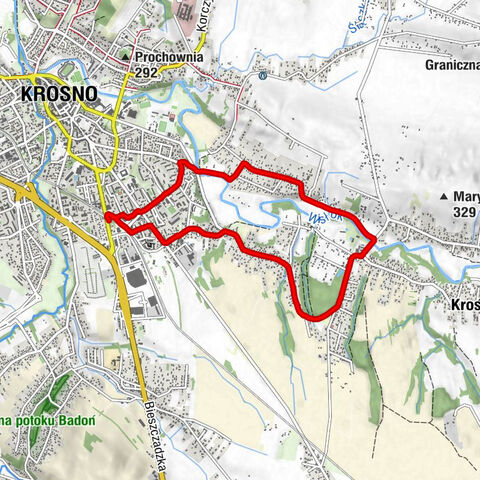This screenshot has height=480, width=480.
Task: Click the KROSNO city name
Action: point(58,94)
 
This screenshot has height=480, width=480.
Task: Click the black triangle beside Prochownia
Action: point(125,57)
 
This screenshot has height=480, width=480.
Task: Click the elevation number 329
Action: point(464,212)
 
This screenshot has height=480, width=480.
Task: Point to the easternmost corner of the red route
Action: point(375,240)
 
